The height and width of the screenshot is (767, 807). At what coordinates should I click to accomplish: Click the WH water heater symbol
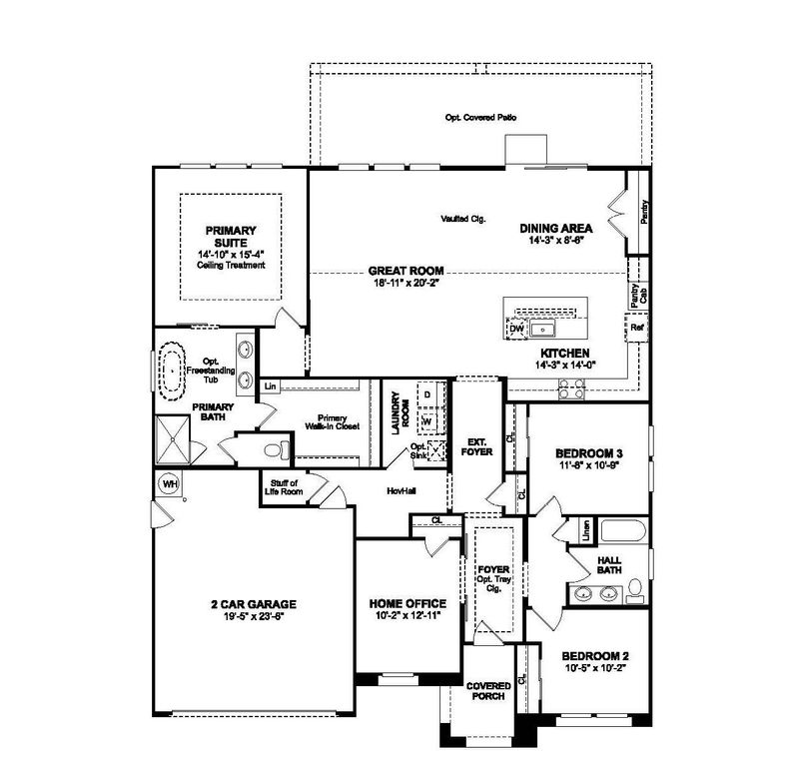pyautogui.click(x=168, y=484)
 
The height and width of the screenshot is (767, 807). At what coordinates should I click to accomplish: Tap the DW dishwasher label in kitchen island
pyautogui.click(x=516, y=329)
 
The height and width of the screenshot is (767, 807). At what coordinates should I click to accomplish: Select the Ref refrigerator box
pyautogui.click(x=636, y=327)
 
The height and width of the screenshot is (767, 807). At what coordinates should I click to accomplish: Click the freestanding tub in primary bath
pyautogui.click(x=174, y=372)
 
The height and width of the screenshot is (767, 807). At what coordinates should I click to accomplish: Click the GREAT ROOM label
pyautogui.click(x=405, y=271)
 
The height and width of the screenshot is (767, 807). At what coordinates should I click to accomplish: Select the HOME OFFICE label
pyautogui.click(x=407, y=604)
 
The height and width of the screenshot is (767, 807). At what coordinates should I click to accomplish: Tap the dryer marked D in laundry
pyautogui.click(x=427, y=395)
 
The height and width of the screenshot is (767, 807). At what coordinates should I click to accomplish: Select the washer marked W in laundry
pyautogui.click(x=427, y=420)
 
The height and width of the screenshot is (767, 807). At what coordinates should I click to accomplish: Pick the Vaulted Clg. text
pyautogui.click(x=462, y=219)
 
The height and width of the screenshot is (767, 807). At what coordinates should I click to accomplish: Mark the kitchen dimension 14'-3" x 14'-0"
pyautogui.click(x=566, y=367)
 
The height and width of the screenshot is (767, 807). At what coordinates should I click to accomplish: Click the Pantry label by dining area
pyautogui.click(x=644, y=213)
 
